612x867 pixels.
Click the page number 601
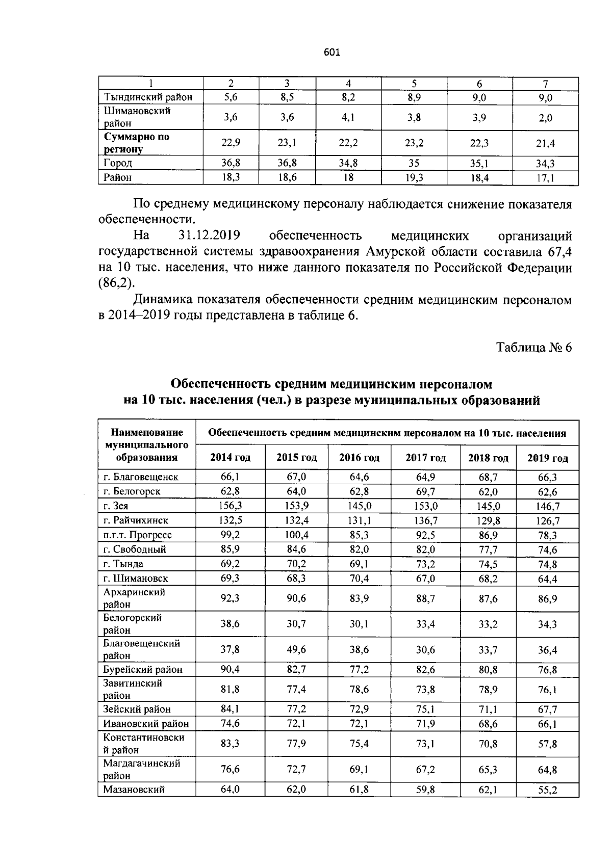331,52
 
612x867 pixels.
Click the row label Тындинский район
148,97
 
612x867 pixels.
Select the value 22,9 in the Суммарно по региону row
231,143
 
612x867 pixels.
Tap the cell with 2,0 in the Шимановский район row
545,118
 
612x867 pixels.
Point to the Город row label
118,163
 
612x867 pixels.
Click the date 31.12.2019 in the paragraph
210,236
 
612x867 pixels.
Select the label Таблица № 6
534,348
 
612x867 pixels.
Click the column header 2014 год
231,458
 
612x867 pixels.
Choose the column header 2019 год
547,458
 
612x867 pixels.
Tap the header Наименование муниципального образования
147,445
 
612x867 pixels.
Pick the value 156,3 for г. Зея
231,506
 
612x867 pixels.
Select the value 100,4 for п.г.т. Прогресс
296,535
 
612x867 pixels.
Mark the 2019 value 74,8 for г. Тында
547,564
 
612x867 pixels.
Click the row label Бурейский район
143,669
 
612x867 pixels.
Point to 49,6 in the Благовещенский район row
296,649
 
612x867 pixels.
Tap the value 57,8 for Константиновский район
547,744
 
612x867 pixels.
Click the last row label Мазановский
134,790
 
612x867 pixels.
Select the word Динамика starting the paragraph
163,300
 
